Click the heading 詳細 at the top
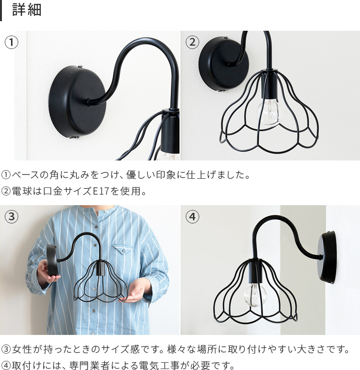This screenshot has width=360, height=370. [x=27, y=10]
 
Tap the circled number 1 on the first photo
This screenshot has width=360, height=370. [x=12, y=42]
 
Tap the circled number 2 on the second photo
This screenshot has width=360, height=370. [x=192, y=42]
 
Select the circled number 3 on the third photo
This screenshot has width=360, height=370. [x=12, y=216]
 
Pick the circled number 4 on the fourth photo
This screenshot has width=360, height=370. [x=192, y=216]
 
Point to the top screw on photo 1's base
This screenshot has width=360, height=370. [x=80, y=66]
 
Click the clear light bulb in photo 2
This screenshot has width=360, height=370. [x=269, y=112]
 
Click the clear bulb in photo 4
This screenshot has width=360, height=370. [x=255, y=295]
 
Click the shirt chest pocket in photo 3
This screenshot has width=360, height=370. [x=122, y=248]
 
